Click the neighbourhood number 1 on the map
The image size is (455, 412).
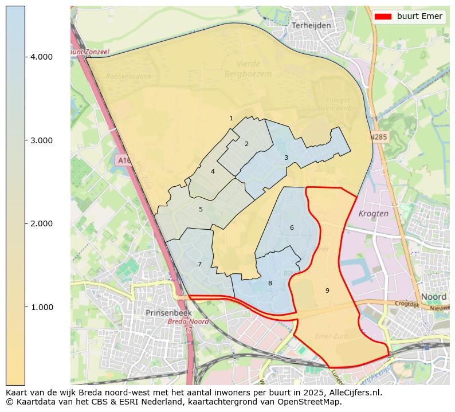point(231,119)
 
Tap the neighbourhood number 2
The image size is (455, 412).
point(246,144)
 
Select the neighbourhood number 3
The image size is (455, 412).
point(286,158)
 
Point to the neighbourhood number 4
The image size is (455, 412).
point(213,171)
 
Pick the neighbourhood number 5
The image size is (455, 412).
point(201,209)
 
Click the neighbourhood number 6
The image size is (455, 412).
point(292,227)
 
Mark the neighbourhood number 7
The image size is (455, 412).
point(199,264)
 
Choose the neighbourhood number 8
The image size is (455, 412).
point(270,283)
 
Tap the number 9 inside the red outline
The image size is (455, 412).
point(327,291)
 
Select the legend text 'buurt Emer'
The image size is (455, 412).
point(419,17)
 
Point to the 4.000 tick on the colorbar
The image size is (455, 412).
point(41,57)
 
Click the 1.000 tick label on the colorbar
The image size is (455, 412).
point(41,307)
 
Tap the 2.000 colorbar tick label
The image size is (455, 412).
point(41,223)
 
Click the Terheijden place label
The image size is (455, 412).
point(311,26)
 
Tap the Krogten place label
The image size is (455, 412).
point(373,213)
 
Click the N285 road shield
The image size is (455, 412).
point(378,138)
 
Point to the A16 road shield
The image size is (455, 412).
point(123,160)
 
